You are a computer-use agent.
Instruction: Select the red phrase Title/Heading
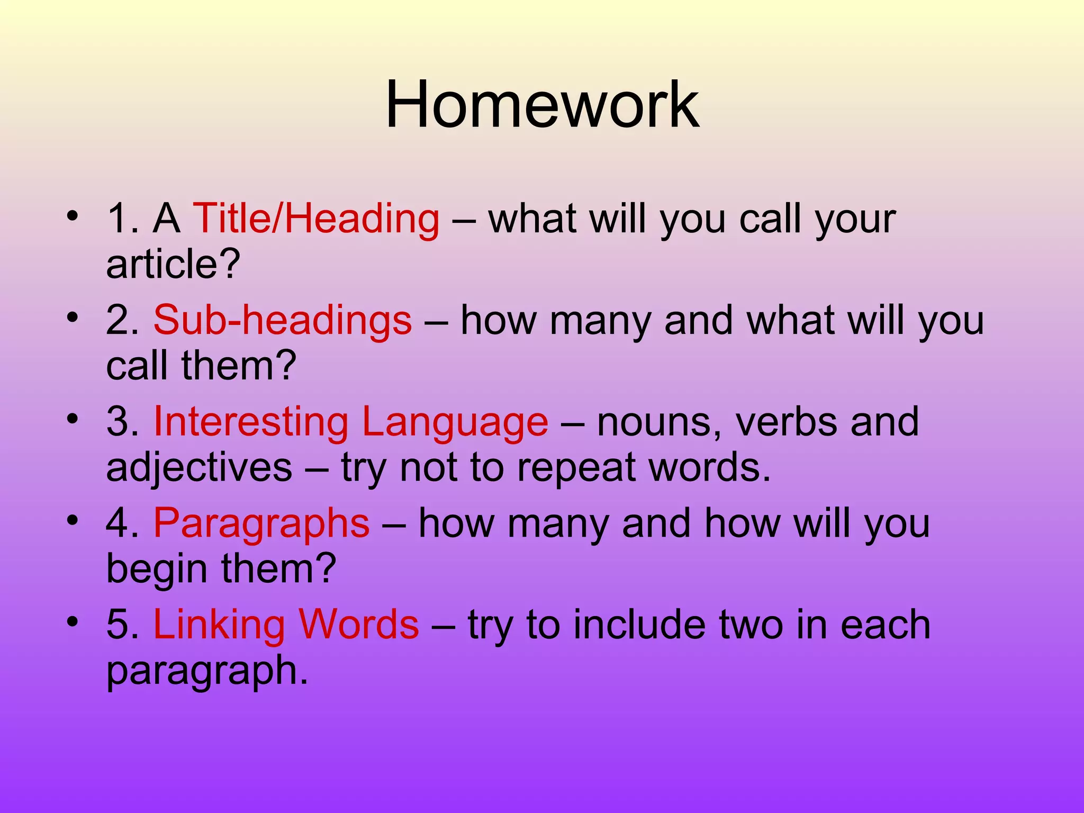pos(316,219)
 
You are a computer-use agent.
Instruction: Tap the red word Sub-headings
pos(282,321)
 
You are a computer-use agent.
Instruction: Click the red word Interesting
pos(250,422)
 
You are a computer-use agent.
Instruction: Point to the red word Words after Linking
pos(358,625)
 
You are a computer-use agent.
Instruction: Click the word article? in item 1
pos(173,264)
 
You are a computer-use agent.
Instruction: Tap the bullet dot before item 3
pos(73,419)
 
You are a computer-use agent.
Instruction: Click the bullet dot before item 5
pos(73,621)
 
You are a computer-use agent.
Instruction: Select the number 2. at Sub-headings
pos(123,321)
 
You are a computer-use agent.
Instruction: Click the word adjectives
pos(199,468)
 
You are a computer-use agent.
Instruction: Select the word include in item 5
pos(639,625)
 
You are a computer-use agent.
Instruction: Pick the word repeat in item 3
pos(576,468)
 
